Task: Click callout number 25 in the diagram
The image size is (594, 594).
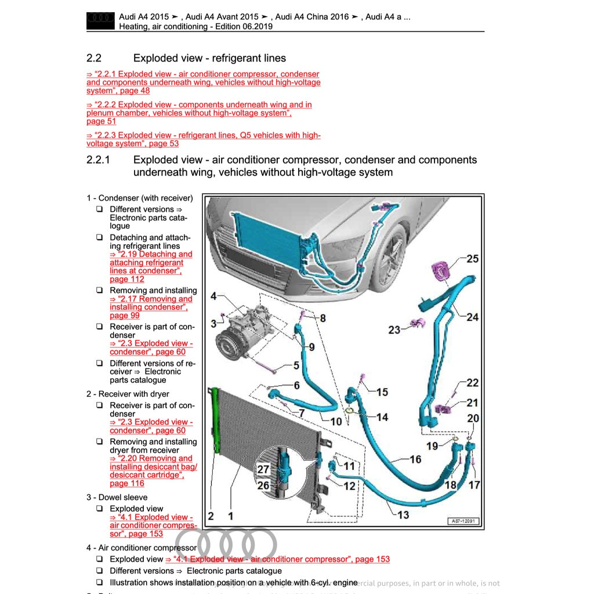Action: (473, 259)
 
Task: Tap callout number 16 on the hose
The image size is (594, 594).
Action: (415, 459)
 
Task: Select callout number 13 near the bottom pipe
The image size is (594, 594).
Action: (403, 515)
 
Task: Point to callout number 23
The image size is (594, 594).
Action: (394, 329)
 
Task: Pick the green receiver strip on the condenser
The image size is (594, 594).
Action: (215, 420)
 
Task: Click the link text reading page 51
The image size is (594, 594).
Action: (101, 121)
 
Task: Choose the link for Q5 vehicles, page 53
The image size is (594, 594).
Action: (203, 139)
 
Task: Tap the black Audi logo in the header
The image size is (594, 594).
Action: (100, 20)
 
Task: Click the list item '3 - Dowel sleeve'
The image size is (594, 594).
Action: (117, 497)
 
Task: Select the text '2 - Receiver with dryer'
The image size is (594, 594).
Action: (128, 394)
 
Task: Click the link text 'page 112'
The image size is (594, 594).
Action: (127, 279)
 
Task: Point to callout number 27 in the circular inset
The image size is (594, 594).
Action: (263, 470)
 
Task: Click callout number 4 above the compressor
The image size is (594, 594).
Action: (213, 296)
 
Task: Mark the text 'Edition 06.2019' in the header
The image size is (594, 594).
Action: (244, 27)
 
